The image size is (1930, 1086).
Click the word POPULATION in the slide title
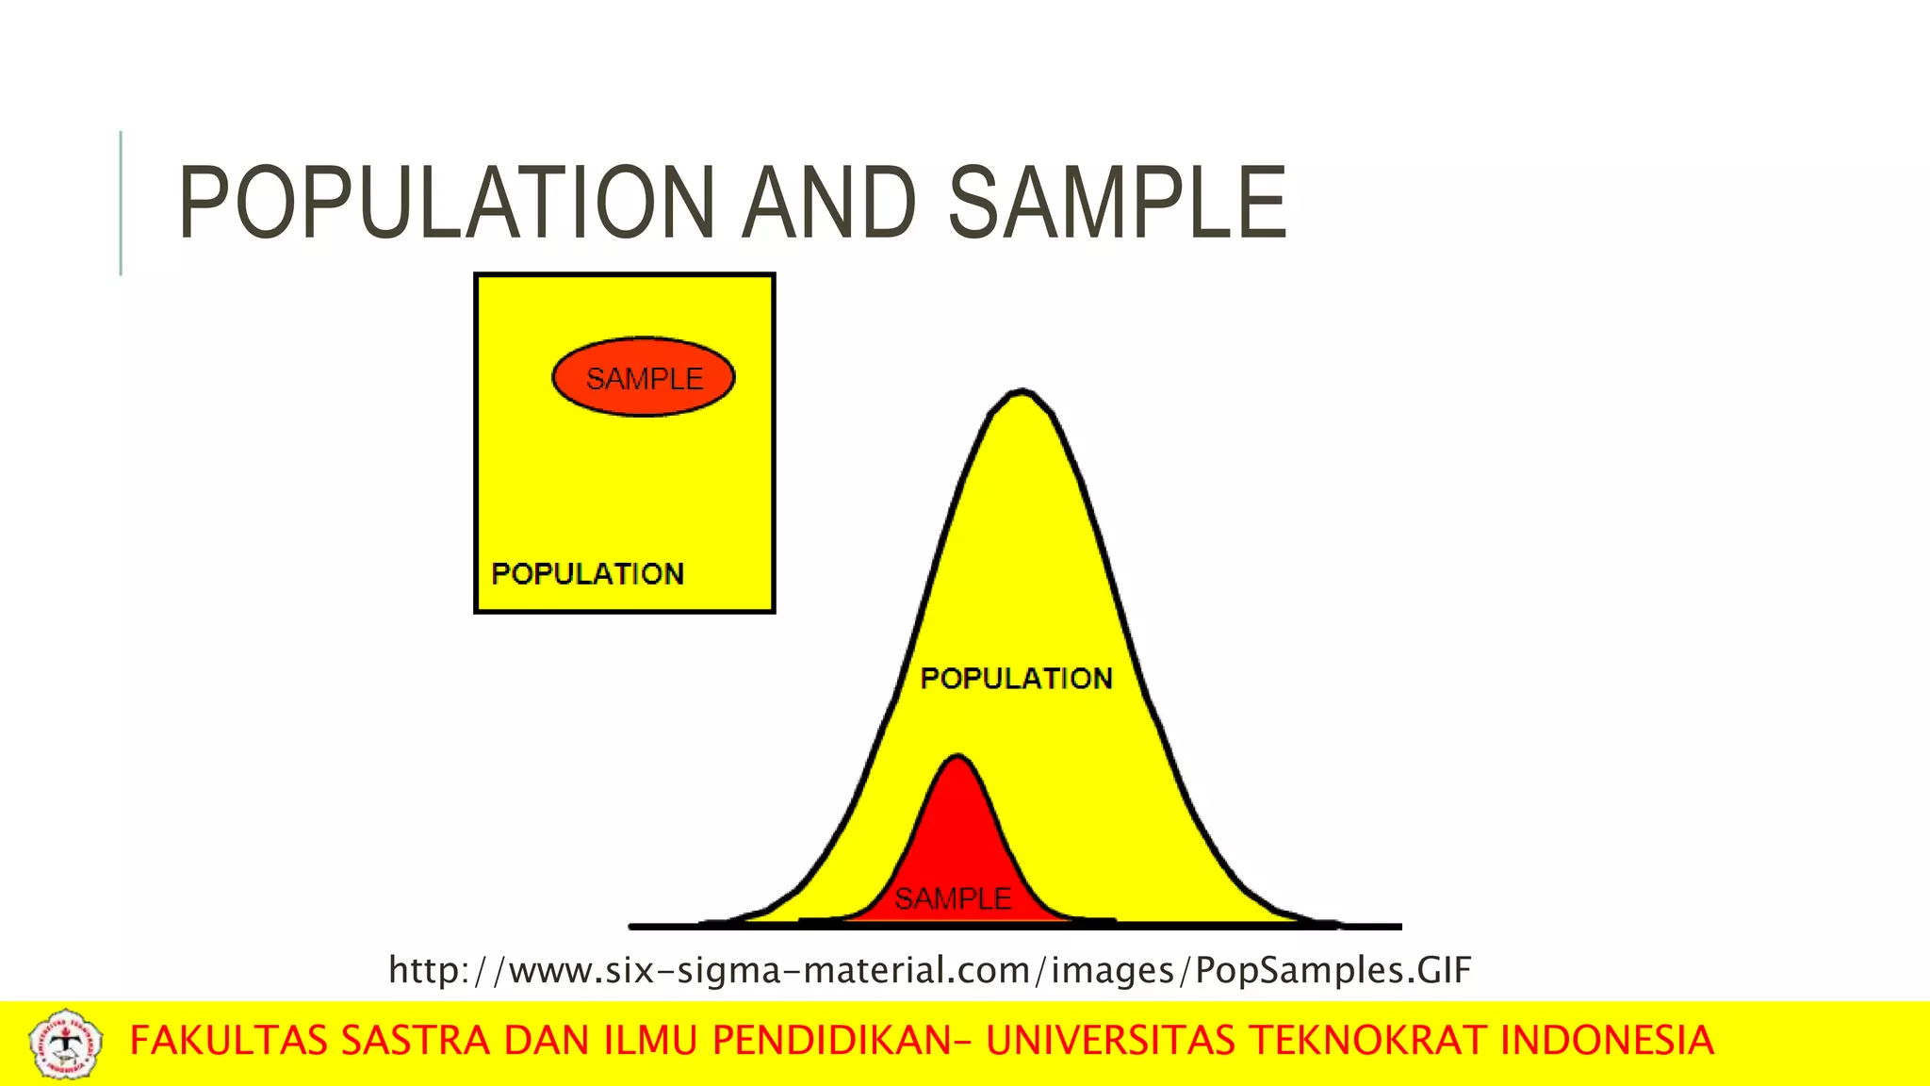coord(446,203)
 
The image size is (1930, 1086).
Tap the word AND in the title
coord(828,203)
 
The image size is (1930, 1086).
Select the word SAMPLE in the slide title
coord(1117,203)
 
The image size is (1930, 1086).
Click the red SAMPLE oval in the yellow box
coord(644,377)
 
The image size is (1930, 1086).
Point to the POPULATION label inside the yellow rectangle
coord(588,573)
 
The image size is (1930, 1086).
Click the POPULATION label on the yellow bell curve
coord(1016,678)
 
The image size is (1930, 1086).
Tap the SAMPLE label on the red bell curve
coord(953,898)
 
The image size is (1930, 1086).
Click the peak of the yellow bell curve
coord(1022,392)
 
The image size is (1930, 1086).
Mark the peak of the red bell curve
coord(957,757)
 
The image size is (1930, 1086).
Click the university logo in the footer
coord(65,1044)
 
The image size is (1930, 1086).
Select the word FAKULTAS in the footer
coord(229,1041)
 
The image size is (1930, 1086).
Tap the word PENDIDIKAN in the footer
coord(831,1041)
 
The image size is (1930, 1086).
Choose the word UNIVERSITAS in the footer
coord(1110,1041)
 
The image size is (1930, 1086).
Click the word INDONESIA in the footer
coord(1607,1041)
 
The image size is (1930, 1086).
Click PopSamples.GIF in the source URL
coord(1333,970)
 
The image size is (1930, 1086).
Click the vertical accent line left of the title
coord(121,203)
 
